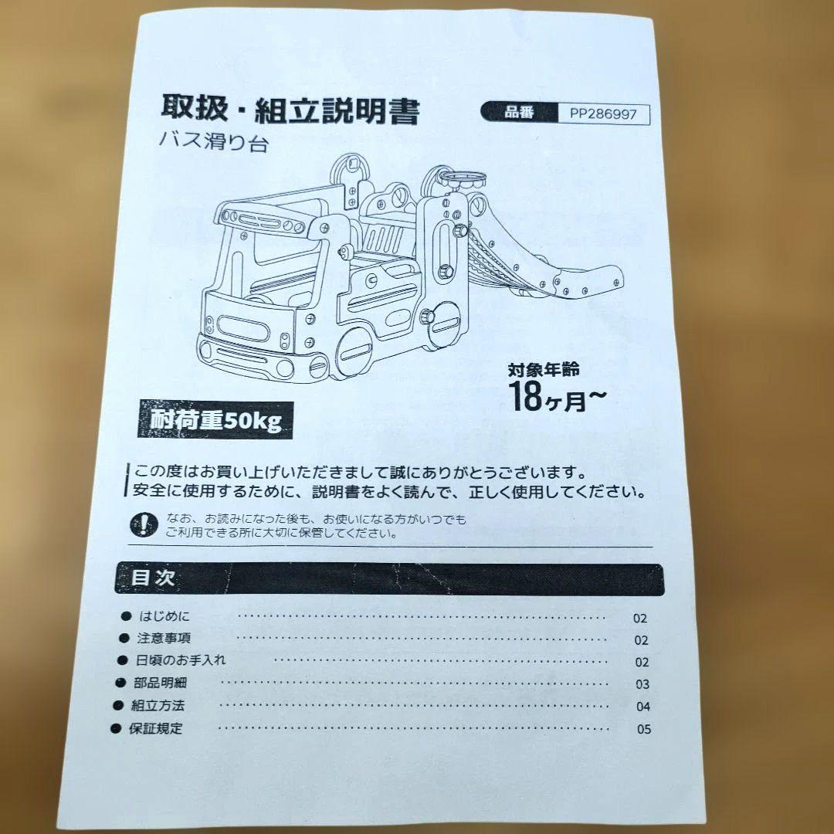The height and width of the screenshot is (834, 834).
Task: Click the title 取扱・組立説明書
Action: pos(290,111)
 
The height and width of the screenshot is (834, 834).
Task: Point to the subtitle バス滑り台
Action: pos(215,144)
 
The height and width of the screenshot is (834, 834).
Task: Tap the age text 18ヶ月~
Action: pos(557,396)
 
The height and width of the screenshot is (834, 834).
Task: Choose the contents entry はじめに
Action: pos(164,616)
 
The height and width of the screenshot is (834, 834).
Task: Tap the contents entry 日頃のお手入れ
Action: pos(181,660)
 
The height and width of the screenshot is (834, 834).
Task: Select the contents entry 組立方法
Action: pos(158,705)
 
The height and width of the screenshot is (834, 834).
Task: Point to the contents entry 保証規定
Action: pos(156,728)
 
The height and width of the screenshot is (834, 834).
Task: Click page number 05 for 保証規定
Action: pos(644,729)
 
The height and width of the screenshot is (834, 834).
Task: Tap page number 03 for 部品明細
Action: pos(642,684)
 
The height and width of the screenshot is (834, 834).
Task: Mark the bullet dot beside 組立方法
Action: pos(117,705)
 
